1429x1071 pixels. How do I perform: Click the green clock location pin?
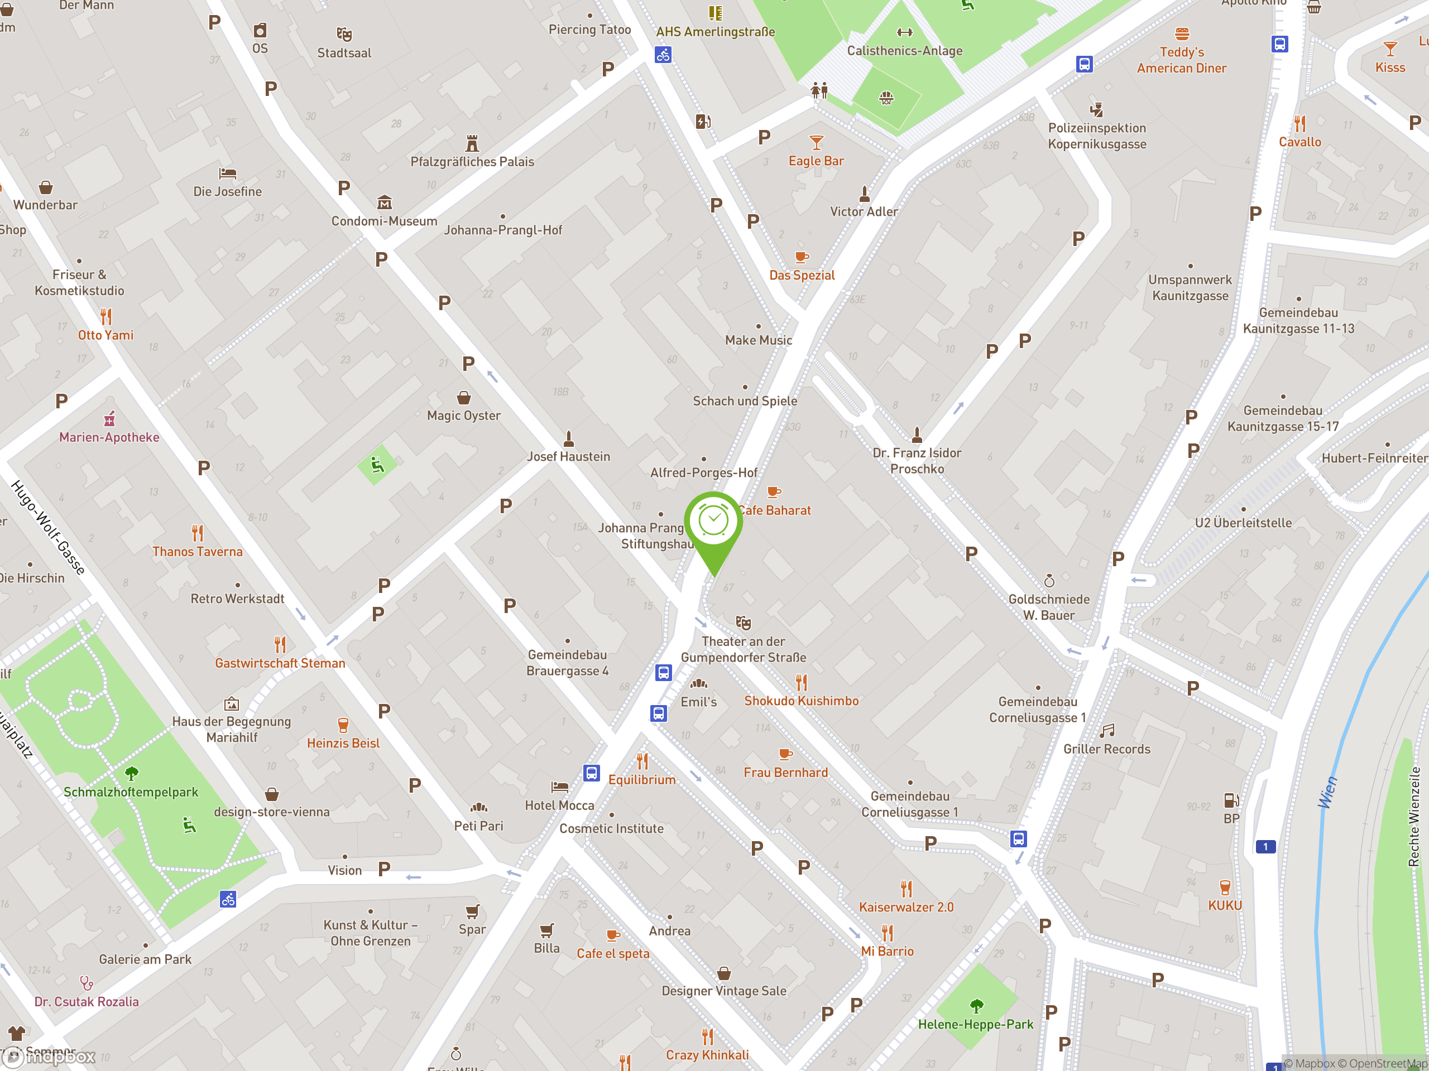click(713, 522)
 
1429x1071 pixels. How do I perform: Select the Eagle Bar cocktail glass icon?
click(816, 143)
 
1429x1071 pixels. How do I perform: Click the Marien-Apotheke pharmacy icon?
click(110, 419)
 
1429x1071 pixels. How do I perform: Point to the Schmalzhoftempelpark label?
click(131, 792)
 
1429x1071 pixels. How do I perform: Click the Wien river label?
click(1327, 792)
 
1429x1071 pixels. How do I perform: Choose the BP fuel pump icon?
click(1231, 800)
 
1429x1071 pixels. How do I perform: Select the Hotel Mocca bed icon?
click(559, 787)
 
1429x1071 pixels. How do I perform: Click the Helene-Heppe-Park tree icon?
click(976, 1006)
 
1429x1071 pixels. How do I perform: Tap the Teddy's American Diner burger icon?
click(1182, 33)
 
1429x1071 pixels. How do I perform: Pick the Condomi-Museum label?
click(385, 221)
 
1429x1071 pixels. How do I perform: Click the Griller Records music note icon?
click(1107, 731)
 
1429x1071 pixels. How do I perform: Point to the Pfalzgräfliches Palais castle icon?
click(472, 143)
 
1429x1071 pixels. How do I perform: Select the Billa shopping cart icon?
click(546, 930)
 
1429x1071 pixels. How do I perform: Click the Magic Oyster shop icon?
click(464, 398)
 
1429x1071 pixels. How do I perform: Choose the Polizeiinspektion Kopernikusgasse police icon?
click(1096, 109)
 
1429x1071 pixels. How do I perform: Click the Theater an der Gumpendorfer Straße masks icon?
click(744, 623)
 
